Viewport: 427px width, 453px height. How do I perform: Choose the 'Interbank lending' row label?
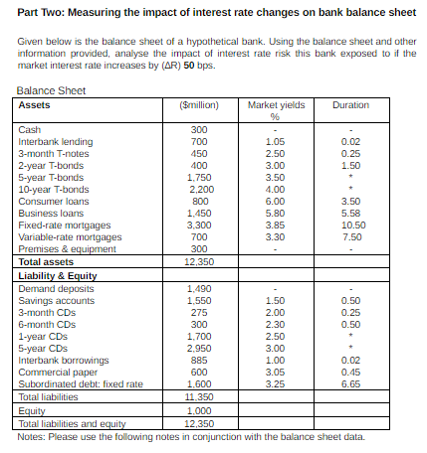(49, 143)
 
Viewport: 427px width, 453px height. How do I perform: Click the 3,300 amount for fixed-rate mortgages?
(199, 226)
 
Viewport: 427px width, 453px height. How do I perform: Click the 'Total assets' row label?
(46, 261)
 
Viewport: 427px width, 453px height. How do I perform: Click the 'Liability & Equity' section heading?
(56, 273)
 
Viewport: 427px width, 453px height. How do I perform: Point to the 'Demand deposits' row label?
(50, 287)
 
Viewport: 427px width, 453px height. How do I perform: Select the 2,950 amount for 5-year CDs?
(199, 348)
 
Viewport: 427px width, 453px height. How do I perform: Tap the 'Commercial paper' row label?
(53, 372)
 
